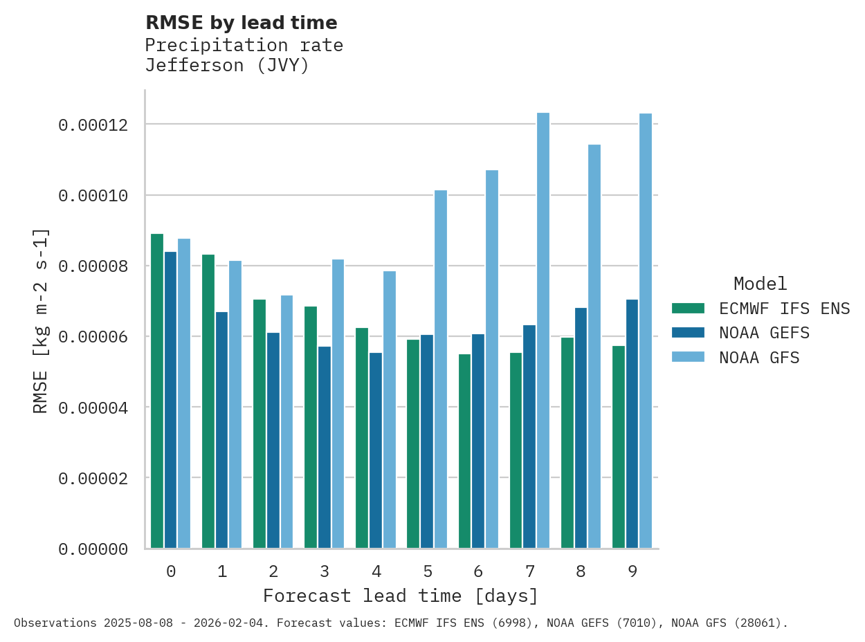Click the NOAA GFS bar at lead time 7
543,331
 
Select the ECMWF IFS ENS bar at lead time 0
157,391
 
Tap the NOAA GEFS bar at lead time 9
632,423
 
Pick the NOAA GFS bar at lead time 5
441,369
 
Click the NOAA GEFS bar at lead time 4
376,450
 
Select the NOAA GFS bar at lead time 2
286,422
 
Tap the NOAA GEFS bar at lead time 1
221,430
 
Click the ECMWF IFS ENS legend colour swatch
688,309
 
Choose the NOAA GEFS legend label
764,333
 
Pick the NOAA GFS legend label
759,358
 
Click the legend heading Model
760,284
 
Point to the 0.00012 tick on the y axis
93,125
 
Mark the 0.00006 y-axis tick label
93,337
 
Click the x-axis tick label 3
325,572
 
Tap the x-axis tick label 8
581,572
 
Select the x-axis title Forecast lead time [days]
400,596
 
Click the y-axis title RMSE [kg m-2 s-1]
41,320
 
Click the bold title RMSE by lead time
241,24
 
